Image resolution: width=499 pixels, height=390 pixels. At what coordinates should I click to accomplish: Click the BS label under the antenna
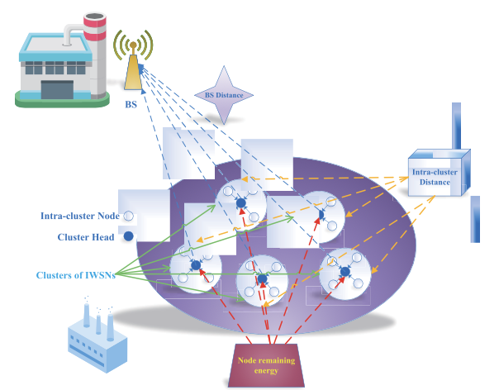131,105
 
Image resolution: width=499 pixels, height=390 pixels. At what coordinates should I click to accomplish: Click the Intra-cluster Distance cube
436,174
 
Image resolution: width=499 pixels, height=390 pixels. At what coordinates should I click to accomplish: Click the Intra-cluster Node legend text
79,216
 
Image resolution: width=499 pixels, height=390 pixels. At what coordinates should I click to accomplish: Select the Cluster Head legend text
87,237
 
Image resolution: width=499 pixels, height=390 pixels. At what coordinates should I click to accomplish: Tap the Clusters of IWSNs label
75,274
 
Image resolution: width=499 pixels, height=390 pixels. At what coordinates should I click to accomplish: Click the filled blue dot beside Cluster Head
128,236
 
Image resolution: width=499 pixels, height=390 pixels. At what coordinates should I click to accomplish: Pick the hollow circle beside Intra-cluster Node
128,216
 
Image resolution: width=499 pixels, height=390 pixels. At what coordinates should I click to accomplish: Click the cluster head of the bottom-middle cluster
262,279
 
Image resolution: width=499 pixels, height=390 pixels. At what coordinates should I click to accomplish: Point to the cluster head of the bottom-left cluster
197,265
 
